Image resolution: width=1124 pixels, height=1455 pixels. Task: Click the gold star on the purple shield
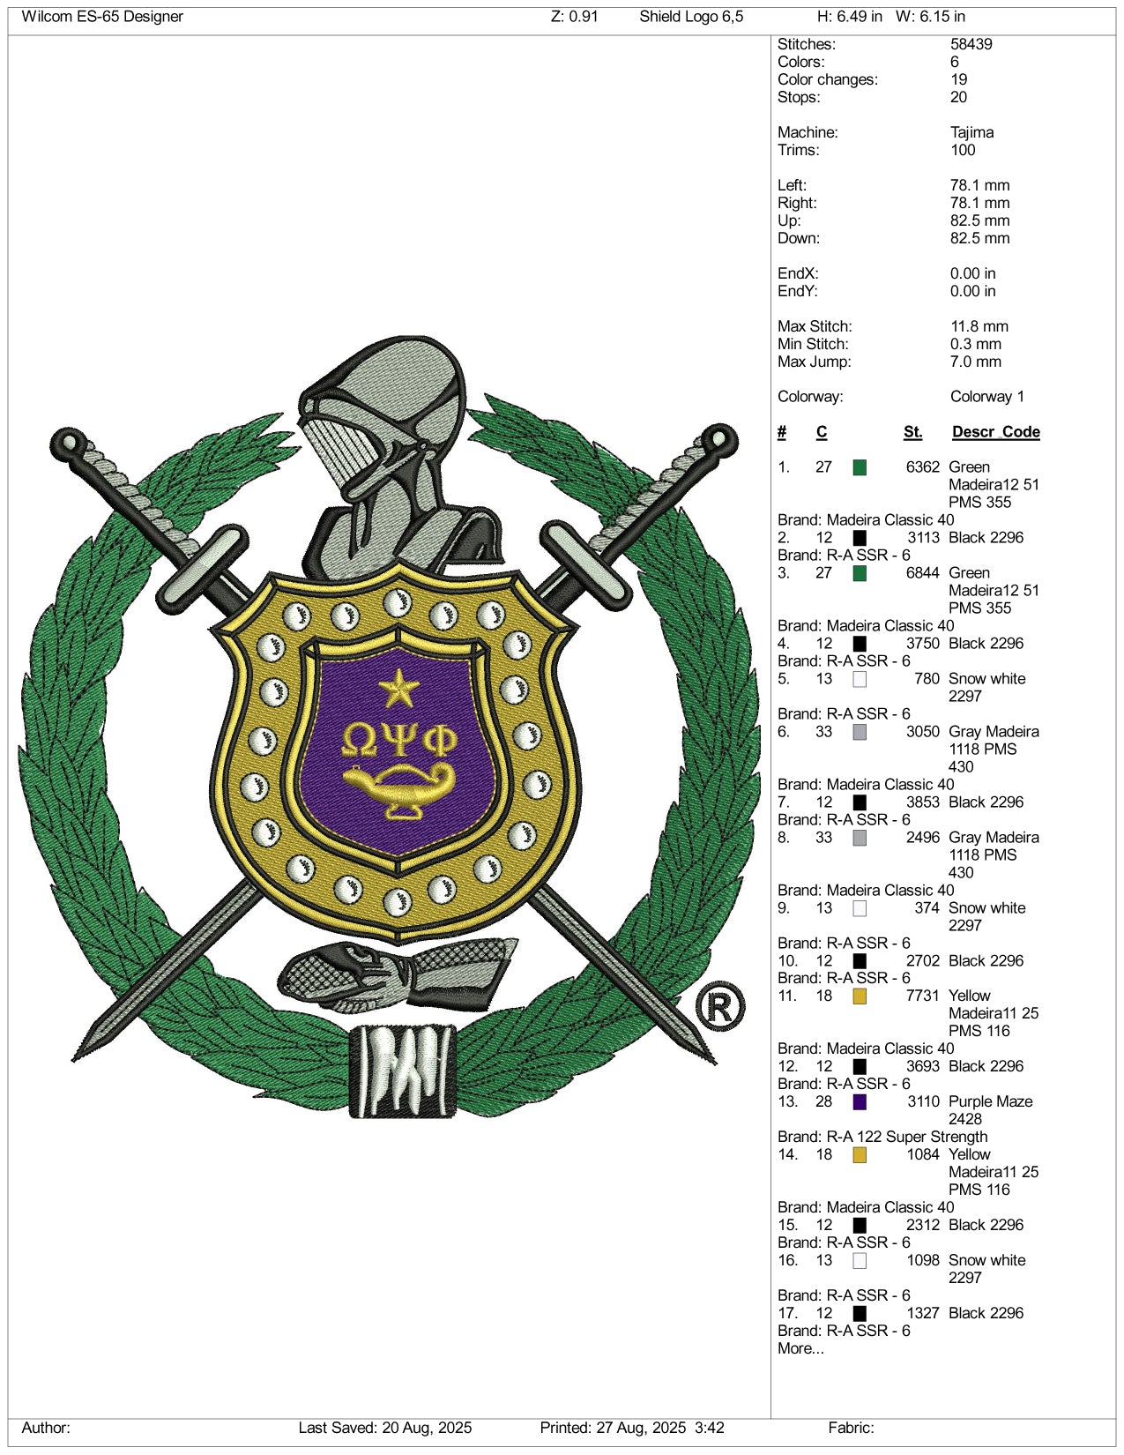click(398, 689)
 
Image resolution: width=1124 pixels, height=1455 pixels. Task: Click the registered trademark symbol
click(719, 1006)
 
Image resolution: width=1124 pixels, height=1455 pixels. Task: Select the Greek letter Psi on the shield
click(398, 740)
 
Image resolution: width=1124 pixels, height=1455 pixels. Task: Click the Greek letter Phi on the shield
click(440, 740)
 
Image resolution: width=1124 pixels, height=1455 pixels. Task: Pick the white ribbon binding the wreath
click(404, 1069)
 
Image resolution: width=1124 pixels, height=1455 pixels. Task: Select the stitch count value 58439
click(971, 44)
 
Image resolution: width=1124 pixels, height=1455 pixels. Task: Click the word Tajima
click(971, 132)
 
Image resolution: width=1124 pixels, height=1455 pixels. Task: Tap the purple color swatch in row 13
click(860, 1101)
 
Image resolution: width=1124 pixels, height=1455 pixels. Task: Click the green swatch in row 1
click(860, 467)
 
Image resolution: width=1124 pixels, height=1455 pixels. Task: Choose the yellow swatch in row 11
click(860, 996)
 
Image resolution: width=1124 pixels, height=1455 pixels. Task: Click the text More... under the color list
click(800, 1348)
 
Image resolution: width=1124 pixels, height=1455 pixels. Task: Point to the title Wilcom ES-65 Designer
click(102, 17)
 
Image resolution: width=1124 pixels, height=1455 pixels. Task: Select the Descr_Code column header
click(995, 432)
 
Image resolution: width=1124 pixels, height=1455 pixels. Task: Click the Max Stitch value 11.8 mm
click(979, 326)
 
